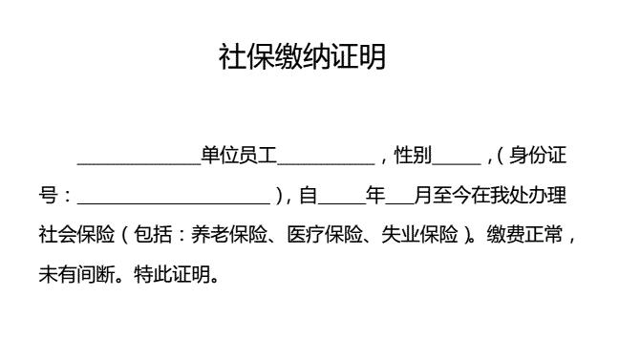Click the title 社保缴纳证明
(302, 57)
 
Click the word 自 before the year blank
(308, 196)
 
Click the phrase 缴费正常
(525, 235)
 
